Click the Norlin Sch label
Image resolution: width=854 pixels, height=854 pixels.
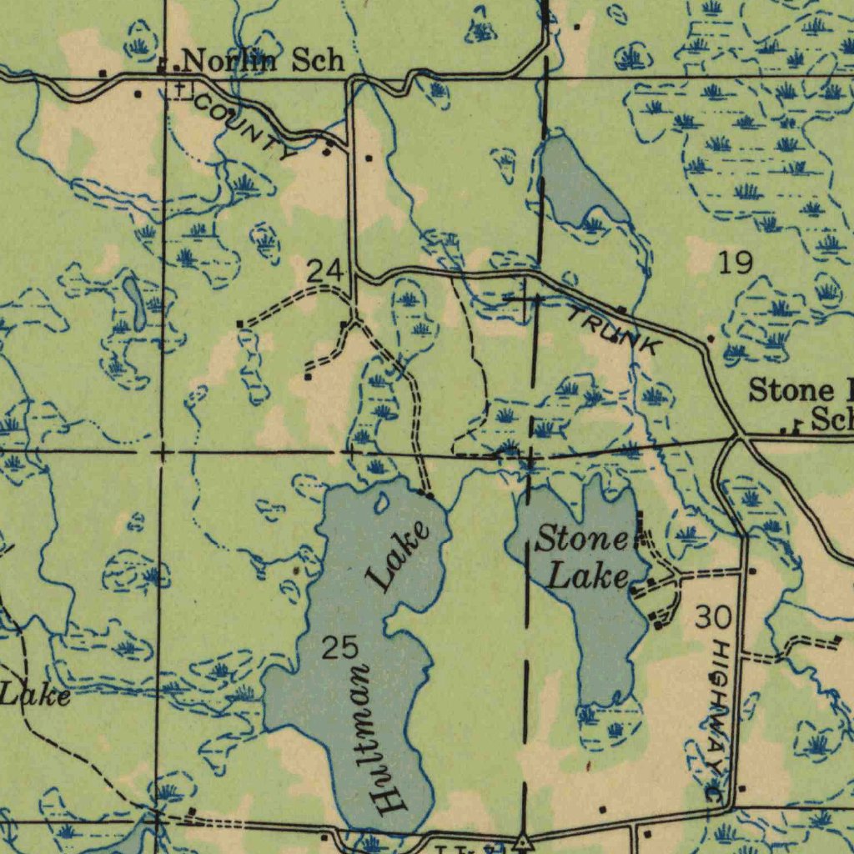(262, 60)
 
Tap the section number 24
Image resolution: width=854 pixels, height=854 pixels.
(324, 270)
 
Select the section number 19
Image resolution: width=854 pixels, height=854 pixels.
(736, 264)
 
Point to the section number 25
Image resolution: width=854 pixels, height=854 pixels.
(339, 647)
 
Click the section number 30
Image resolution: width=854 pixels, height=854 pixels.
(713, 618)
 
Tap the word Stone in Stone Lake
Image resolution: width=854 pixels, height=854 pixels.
(581, 540)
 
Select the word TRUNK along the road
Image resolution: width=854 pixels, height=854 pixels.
(615, 329)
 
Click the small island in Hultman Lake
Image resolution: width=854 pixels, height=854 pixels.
(382, 502)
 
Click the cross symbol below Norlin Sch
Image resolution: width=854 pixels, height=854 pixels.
(179, 88)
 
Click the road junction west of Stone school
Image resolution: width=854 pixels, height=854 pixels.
(737, 435)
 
